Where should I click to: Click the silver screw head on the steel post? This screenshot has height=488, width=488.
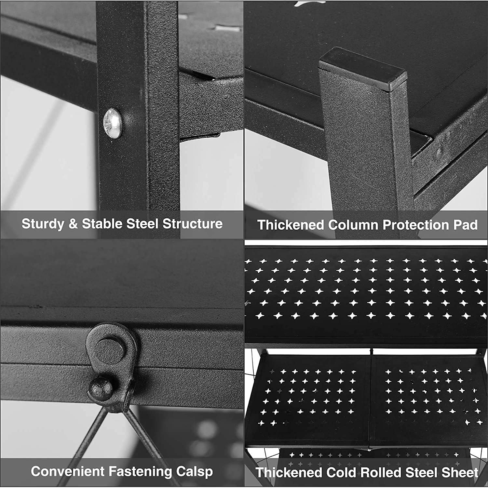click(113, 123)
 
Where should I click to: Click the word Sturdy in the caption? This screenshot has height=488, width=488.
click(43, 224)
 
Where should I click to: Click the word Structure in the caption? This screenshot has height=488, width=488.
click(193, 224)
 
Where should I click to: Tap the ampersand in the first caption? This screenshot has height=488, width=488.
click(73, 224)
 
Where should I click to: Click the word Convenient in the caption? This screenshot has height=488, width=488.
click(68, 471)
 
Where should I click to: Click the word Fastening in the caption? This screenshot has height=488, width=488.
click(140, 472)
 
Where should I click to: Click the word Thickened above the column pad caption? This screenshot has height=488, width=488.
click(291, 225)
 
